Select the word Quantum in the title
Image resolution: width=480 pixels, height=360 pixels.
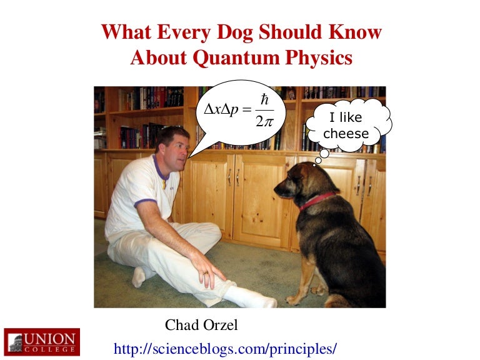(244, 58)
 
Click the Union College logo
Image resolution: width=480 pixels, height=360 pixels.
(41, 341)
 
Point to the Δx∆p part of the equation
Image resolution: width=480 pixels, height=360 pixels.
(222, 109)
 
